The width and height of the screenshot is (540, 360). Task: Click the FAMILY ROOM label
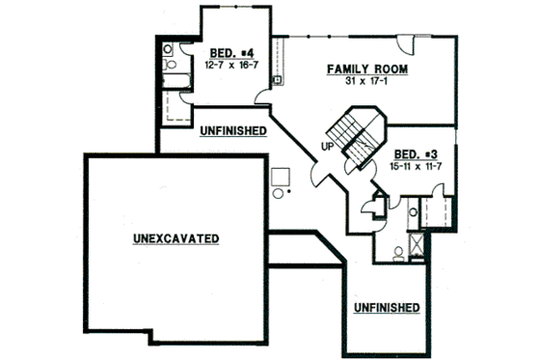point(367,69)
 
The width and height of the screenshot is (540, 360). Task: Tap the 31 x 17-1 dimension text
point(366,81)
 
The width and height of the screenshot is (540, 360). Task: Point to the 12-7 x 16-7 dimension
point(230,65)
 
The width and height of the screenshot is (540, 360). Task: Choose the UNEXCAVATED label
point(175,237)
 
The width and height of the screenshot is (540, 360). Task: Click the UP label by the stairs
point(327,147)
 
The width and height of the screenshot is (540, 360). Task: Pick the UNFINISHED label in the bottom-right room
point(386,308)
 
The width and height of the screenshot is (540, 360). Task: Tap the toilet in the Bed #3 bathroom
point(398,253)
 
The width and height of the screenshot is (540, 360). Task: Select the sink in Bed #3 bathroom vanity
point(413,211)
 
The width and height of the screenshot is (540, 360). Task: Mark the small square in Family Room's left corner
point(278,79)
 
